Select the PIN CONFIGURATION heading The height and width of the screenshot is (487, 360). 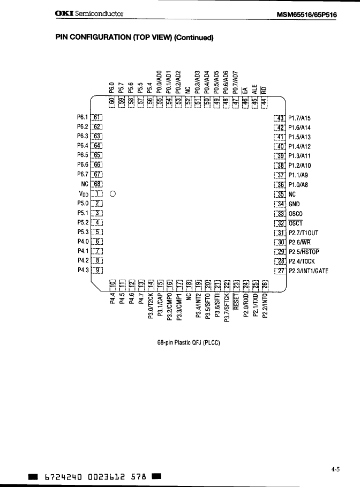134,38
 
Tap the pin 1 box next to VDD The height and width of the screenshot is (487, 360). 97,194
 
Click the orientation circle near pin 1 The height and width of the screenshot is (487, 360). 112,194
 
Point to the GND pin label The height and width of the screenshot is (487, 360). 295,204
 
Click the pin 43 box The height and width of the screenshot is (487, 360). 280,118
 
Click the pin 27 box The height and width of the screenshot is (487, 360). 280,271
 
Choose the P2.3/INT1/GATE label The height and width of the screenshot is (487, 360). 308,271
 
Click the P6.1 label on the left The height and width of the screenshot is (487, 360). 82,118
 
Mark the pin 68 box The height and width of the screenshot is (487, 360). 97,185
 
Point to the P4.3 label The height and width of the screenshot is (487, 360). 82,271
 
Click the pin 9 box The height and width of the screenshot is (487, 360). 97,271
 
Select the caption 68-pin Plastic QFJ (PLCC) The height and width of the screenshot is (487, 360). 185,342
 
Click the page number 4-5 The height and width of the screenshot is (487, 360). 335,469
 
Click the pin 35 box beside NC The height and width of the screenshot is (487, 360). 280,194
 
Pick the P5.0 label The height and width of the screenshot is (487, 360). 82,204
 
